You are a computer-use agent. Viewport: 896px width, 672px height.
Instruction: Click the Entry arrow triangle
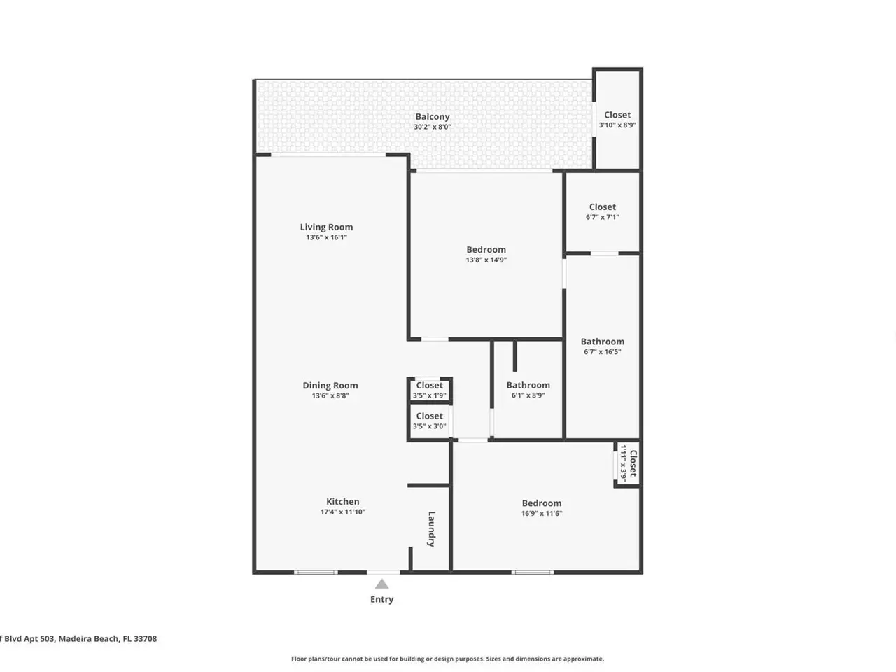coord(381,584)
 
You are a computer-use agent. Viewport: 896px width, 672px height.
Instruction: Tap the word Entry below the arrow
coord(381,599)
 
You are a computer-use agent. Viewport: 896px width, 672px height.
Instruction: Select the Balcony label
coord(433,117)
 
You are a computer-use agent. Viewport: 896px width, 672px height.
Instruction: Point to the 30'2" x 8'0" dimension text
coord(433,127)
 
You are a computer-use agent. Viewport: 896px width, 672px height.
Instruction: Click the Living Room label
coord(327,227)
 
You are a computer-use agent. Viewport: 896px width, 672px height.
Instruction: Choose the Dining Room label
coord(330,386)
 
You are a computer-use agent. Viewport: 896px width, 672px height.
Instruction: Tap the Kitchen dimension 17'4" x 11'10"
coord(343,512)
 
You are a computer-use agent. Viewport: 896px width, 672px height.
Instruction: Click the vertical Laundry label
coord(431,528)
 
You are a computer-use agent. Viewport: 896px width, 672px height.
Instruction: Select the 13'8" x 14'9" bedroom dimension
coord(486,260)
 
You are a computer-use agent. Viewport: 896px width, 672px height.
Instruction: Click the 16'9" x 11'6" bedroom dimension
coord(542,513)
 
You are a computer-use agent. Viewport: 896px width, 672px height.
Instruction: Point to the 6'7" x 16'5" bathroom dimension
coord(603,351)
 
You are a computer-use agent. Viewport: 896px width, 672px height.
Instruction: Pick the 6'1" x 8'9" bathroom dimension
coord(528,395)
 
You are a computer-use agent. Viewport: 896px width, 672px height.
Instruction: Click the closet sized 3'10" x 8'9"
coord(617,120)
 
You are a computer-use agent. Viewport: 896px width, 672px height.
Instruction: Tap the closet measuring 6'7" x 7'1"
coord(603,212)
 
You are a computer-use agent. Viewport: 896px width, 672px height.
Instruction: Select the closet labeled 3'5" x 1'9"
coord(429,390)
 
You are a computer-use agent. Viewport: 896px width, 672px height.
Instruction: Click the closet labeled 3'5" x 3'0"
coord(429,421)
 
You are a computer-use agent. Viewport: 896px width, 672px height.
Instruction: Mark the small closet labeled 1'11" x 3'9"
coord(628,463)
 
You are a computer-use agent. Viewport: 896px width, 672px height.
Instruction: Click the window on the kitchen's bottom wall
coord(316,573)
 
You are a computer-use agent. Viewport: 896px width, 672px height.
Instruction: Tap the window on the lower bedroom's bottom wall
coord(533,573)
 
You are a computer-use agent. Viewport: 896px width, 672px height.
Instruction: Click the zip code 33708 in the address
coord(146,638)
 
